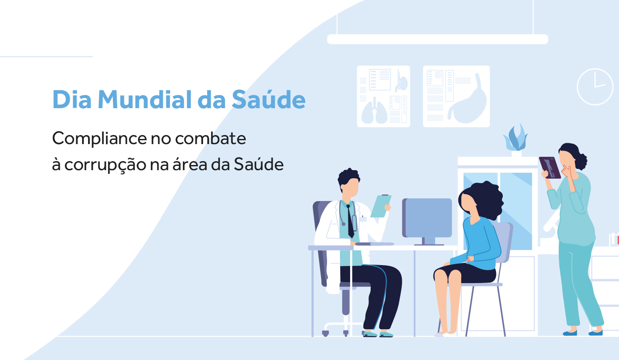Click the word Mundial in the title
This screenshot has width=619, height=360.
coord(144,100)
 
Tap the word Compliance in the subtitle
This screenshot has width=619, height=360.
coord(99,139)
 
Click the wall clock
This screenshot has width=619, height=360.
coord(595,87)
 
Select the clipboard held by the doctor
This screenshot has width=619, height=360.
coord(380,206)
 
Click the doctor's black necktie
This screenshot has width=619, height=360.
coord(350,221)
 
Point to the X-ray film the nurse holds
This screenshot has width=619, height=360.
coord(550,168)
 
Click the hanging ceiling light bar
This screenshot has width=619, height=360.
coord(437,39)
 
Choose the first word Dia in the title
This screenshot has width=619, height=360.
coord(72,100)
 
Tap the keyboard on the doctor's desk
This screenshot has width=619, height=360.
coord(374,244)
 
